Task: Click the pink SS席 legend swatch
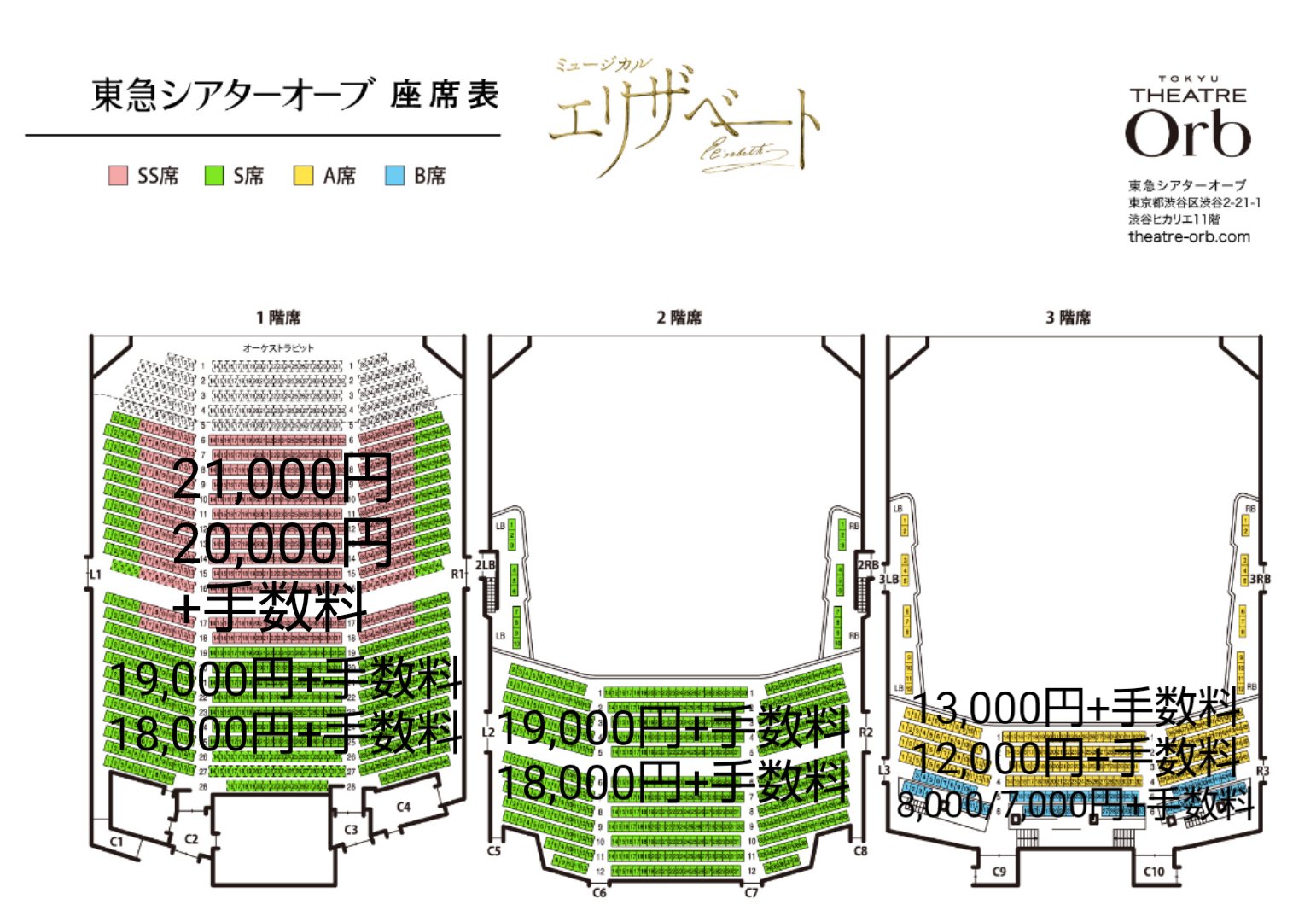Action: (118, 176)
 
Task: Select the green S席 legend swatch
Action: (213, 176)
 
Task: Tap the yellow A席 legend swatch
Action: (303, 176)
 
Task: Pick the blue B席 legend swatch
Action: (394, 176)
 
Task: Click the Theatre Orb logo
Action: (1188, 120)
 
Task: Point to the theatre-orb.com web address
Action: (1189, 236)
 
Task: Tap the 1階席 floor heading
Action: (278, 318)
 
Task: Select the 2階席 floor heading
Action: (679, 318)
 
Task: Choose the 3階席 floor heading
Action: (1069, 318)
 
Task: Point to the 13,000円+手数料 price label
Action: (1075, 707)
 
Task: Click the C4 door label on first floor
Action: (403, 807)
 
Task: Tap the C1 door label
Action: (116, 842)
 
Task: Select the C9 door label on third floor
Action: (999, 872)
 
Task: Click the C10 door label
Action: (1153, 872)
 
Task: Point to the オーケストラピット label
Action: (278, 348)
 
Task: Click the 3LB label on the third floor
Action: (888, 580)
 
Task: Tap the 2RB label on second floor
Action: (867, 565)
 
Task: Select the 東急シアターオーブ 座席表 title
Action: (294, 95)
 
